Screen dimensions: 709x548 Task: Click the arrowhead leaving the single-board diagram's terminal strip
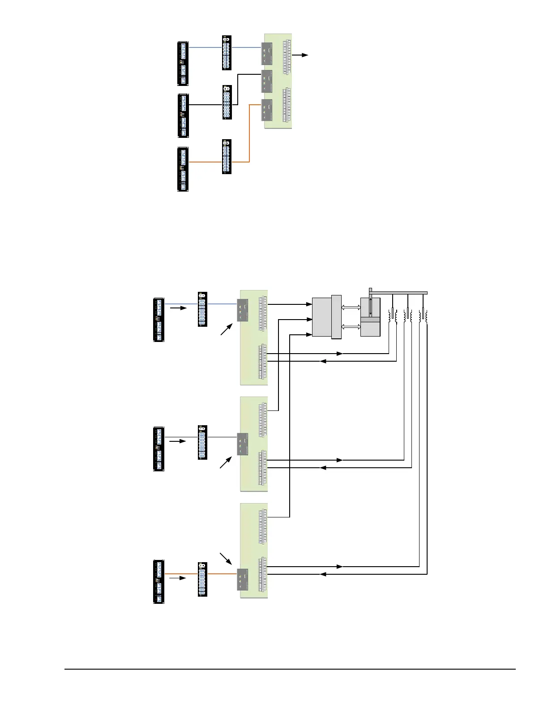click(x=306, y=55)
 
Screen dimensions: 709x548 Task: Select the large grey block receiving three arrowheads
click(x=321, y=316)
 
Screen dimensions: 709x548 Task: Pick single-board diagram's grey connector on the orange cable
click(x=267, y=110)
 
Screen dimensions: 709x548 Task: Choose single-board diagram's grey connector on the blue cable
click(x=267, y=54)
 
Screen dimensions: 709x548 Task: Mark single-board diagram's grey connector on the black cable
click(x=267, y=81)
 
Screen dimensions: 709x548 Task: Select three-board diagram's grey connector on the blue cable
click(x=243, y=310)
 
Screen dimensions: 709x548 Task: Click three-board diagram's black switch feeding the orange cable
click(x=159, y=582)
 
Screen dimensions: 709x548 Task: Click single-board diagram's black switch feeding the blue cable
click(x=183, y=64)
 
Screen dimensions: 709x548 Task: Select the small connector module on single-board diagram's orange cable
click(x=227, y=157)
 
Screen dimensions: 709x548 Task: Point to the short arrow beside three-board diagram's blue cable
click(x=178, y=308)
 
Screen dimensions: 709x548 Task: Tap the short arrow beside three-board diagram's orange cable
click(x=177, y=578)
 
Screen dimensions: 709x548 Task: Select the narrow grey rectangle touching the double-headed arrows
click(x=336, y=317)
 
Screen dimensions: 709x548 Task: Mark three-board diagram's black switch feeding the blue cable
click(x=159, y=320)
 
